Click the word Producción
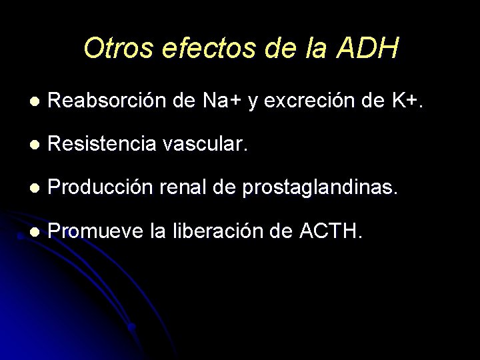[x=100, y=188]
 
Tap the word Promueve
[x=97, y=232]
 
